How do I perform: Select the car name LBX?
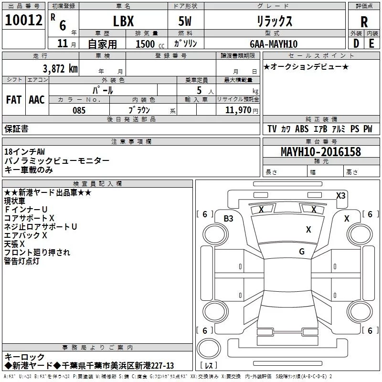123,22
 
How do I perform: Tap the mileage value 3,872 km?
60,68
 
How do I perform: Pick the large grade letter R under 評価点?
364,22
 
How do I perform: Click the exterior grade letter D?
356,43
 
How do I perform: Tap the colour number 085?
79,110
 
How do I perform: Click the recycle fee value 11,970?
238,110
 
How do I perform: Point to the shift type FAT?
13,99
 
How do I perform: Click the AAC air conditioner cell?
37,99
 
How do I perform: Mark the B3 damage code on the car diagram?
229,219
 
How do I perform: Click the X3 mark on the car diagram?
340,195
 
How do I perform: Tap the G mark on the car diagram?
302,252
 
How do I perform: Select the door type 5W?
185,22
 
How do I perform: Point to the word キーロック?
24,357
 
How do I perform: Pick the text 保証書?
16,128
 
